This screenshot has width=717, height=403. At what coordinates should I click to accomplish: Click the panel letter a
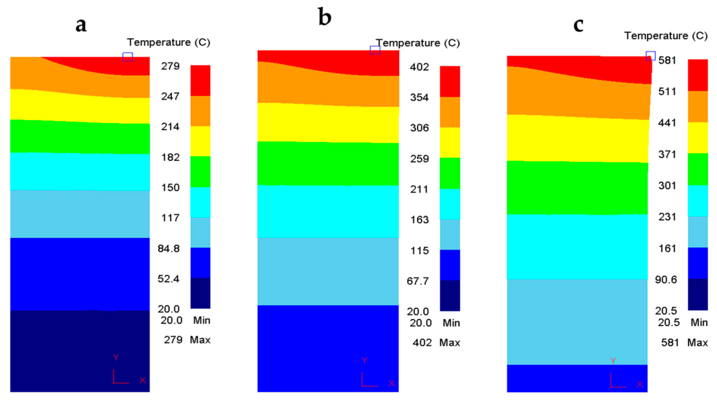click(x=81, y=25)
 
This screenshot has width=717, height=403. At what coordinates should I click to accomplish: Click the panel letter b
click(x=324, y=17)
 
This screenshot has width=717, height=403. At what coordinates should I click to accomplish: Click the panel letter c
click(x=578, y=25)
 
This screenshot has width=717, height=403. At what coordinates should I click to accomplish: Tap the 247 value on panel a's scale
click(x=170, y=96)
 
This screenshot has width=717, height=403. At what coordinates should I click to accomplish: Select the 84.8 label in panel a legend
click(x=169, y=249)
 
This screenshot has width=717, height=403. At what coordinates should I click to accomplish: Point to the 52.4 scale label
click(x=168, y=279)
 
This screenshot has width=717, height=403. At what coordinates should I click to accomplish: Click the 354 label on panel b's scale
click(x=419, y=98)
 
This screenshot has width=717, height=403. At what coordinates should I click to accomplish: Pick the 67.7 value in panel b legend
click(x=418, y=281)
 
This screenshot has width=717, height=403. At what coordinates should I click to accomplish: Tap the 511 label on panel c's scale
click(x=667, y=92)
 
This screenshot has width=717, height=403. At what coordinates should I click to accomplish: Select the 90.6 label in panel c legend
click(x=666, y=280)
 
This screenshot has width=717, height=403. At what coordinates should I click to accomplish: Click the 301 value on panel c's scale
click(x=667, y=186)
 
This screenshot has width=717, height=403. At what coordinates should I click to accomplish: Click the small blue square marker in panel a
click(x=127, y=57)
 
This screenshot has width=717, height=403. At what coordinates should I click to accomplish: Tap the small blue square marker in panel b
click(x=375, y=50)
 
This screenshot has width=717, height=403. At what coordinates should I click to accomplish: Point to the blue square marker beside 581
click(x=650, y=56)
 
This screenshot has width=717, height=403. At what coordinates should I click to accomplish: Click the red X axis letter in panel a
click(x=143, y=380)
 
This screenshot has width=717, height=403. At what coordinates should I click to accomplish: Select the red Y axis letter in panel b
click(x=364, y=360)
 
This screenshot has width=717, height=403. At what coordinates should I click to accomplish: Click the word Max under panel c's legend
click(x=697, y=343)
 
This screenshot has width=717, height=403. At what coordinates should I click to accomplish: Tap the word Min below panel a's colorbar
click(x=201, y=320)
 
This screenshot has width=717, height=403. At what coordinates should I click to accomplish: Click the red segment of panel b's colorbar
click(x=450, y=81)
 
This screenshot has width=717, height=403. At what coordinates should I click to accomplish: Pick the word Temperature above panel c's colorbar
click(x=656, y=36)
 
